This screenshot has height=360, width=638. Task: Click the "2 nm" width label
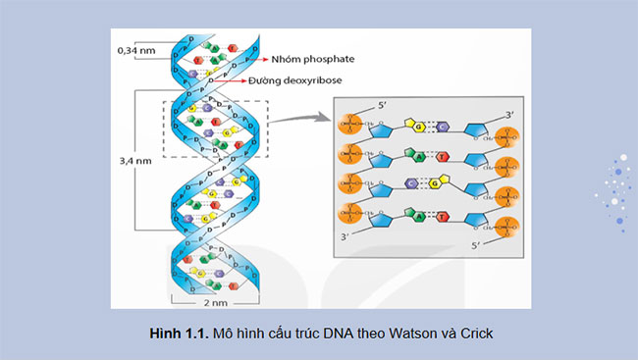point(214,302)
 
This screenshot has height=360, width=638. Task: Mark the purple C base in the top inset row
point(444,126)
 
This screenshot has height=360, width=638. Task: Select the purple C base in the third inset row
point(441,184)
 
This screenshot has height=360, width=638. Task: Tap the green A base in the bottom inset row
point(420,217)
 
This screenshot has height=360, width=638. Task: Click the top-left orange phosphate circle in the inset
point(351,126)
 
